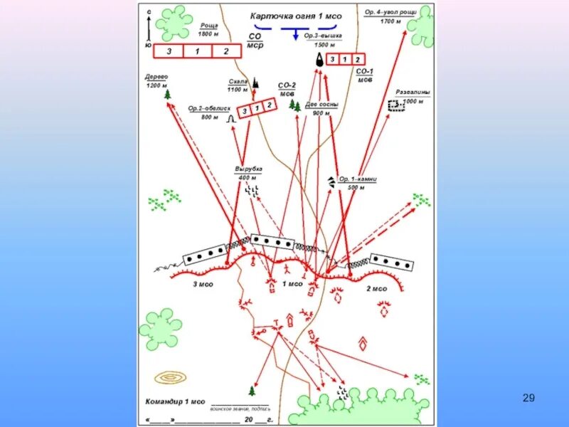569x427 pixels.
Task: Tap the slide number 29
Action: (x=528, y=397)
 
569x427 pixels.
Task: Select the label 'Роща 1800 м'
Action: (x=208, y=29)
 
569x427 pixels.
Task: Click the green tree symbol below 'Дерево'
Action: (x=168, y=94)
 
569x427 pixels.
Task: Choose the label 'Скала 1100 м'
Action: (x=238, y=85)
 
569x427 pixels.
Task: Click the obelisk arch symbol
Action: (x=230, y=119)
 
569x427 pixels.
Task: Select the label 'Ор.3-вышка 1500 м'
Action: (x=323, y=39)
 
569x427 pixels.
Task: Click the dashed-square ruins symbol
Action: (x=393, y=105)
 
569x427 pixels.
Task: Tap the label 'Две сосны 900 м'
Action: (x=321, y=108)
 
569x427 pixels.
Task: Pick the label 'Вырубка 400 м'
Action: (x=248, y=172)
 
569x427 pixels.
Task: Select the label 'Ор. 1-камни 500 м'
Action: (x=356, y=183)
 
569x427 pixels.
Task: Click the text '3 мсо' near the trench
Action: (x=203, y=285)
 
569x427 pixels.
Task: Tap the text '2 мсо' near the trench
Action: (x=376, y=289)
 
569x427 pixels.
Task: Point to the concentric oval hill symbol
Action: (x=170, y=377)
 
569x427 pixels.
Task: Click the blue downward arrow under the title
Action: (x=294, y=33)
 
